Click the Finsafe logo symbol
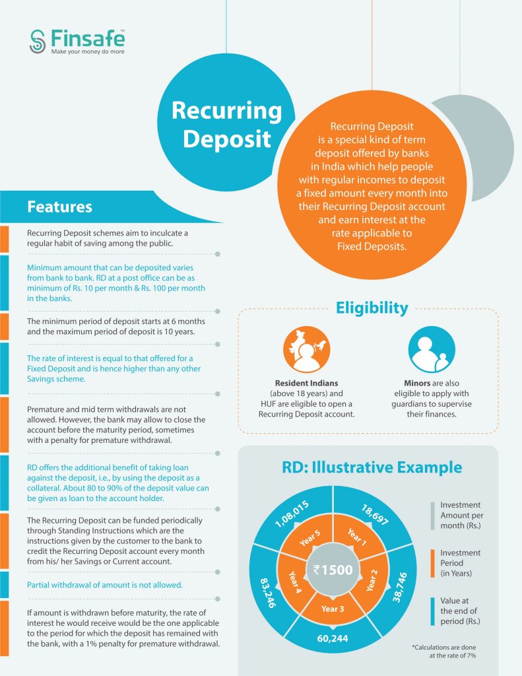click(x=38, y=42)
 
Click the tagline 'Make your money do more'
click(x=88, y=51)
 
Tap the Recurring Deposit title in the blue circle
click(x=227, y=124)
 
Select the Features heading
click(x=59, y=207)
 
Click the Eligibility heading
click(x=372, y=308)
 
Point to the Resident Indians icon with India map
click(x=306, y=349)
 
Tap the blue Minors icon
click(x=432, y=349)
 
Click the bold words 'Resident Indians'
click(x=306, y=383)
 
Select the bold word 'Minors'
click(x=417, y=383)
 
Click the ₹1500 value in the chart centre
click(x=333, y=570)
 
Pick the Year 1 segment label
click(x=357, y=537)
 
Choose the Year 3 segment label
click(x=333, y=609)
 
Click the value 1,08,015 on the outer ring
click(x=292, y=514)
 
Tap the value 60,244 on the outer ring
click(x=333, y=638)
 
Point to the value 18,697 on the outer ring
click(x=375, y=515)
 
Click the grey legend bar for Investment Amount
click(x=432, y=515)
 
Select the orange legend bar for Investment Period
click(x=432, y=563)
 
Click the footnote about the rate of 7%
click(x=444, y=652)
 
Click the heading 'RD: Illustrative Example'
click(x=372, y=467)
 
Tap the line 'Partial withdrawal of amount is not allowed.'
click(x=105, y=585)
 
